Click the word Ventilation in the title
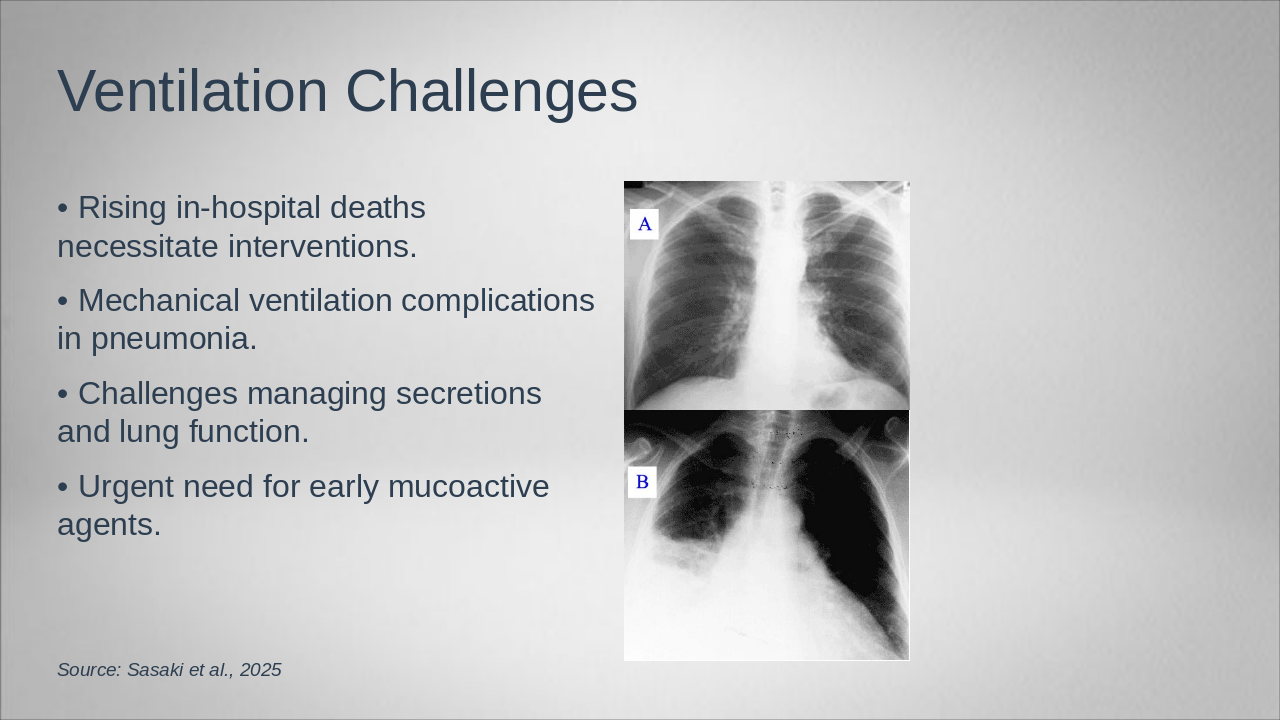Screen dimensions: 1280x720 pyautogui.click(x=193, y=91)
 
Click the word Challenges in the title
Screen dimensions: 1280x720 pyautogui.click(x=491, y=94)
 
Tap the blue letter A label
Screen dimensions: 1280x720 pyautogui.click(x=645, y=224)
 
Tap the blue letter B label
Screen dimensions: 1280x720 pyautogui.click(x=642, y=482)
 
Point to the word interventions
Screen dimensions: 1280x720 pyautogui.click(x=323, y=247)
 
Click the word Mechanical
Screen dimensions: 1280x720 pyautogui.click(x=159, y=300)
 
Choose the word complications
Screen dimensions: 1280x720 pyautogui.click(x=498, y=302)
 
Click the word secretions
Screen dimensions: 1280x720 pyautogui.click(x=469, y=394)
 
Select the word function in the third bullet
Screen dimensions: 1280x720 pyautogui.click(x=249, y=431)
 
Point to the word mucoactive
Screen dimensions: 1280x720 pyautogui.click(x=469, y=487)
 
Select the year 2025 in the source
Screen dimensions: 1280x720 pyautogui.click(x=261, y=670)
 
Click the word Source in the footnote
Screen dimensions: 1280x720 pyautogui.click(x=89, y=670)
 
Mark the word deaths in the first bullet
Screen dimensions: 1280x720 pyautogui.click(x=378, y=207)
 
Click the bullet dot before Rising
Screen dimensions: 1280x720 pyautogui.click(x=63, y=209)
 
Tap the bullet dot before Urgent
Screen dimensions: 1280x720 pyautogui.click(x=63, y=488)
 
